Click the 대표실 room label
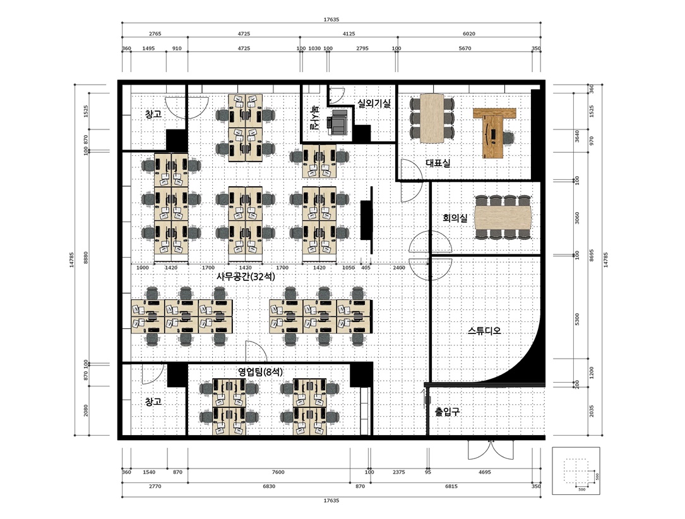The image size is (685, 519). (438, 163)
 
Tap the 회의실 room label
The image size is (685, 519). (455, 218)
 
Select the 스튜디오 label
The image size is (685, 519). (484, 331)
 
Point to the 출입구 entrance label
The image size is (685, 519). (448, 411)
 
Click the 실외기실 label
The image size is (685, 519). (374, 104)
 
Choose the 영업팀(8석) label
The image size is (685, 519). (260, 373)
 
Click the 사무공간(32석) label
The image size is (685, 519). (246, 277)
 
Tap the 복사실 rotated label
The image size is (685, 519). (314, 117)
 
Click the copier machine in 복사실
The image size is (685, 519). (338, 122)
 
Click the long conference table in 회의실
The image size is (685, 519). (503, 217)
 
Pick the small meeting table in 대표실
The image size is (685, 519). (432, 119)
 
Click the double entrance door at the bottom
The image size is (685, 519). (490, 450)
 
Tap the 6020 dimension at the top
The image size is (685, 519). (468, 33)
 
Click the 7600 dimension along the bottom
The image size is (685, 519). (278, 472)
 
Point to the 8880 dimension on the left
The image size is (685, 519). (86, 257)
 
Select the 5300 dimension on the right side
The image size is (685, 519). (577, 319)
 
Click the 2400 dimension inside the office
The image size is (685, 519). (399, 268)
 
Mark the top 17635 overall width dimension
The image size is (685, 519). (331, 20)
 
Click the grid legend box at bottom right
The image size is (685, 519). (576, 470)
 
